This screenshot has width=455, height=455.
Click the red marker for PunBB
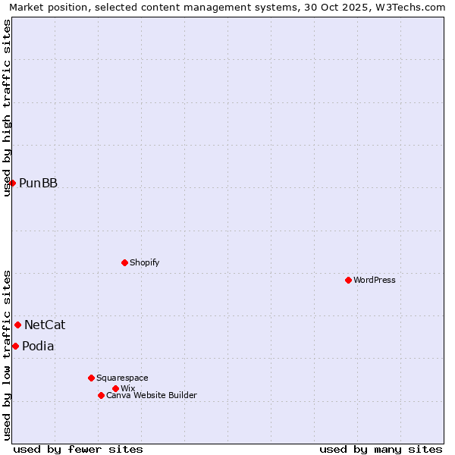pyautogui.click(x=12, y=183)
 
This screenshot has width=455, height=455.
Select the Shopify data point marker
pyautogui.click(x=124, y=262)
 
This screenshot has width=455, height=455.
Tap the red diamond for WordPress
pyautogui.click(x=348, y=280)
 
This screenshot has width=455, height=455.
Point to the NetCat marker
pyautogui.click(x=17, y=325)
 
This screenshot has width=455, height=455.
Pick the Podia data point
pyautogui.click(x=15, y=346)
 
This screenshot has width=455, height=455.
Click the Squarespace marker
pyautogui.click(x=91, y=378)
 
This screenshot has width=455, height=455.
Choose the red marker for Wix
pyautogui.click(x=115, y=388)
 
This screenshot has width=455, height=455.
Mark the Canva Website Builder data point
pyautogui.click(x=101, y=395)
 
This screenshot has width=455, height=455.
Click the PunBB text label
pyautogui.click(x=38, y=183)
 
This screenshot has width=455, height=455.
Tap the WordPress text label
pyautogui.click(x=375, y=280)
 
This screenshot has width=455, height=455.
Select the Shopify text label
pyautogui.click(x=144, y=262)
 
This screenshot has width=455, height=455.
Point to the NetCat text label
pyautogui.click(x=45, y=325)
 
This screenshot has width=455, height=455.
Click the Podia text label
pyautogui.click(x=38, y=346)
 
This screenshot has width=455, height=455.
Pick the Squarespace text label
pyautogui.click(x=122, y=378)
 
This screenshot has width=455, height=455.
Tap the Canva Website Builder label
pyautogui.click(x=152, y=395)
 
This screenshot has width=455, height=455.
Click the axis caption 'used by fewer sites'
pyautogui.click(x=78, y=449)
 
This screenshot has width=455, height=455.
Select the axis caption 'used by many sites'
pyautogui.click(x=381, y=449)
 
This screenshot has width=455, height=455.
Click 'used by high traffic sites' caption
pyautogui.click(x=8, y=108)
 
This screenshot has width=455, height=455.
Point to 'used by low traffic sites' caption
pyautogui.click(x=8, y=355)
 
